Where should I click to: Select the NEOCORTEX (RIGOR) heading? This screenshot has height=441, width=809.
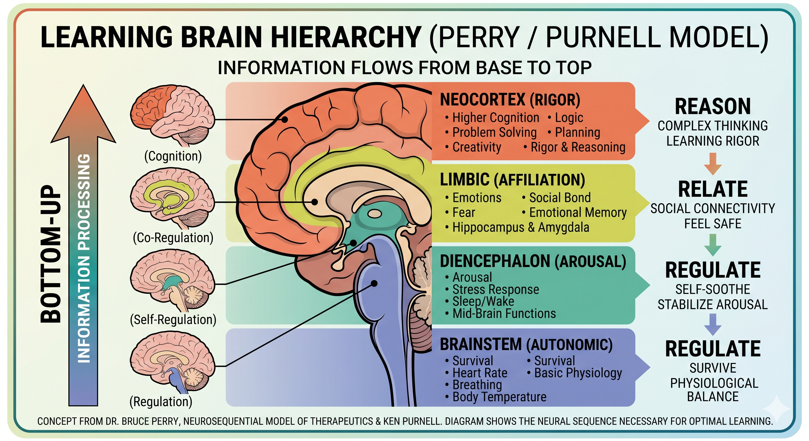[510, 100]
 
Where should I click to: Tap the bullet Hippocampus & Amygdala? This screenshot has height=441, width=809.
[520, 227]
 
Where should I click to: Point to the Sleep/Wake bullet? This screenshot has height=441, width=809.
[483, 301]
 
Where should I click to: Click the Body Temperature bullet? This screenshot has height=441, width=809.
[499, 397]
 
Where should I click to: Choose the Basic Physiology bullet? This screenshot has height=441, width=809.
[578, 373]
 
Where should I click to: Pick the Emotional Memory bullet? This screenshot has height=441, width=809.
[577, 212]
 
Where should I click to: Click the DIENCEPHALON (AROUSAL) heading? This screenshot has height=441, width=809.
[533, 262]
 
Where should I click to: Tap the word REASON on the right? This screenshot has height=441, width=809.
[712, 107]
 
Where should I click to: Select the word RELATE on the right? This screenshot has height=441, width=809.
[712, 189]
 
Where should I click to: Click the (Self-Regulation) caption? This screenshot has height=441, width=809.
[173, 320]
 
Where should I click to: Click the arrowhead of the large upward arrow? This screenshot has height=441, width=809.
[84, 113]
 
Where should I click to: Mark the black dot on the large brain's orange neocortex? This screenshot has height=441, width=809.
[284, 119]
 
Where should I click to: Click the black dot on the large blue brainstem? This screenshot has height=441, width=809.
[374, 283]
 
